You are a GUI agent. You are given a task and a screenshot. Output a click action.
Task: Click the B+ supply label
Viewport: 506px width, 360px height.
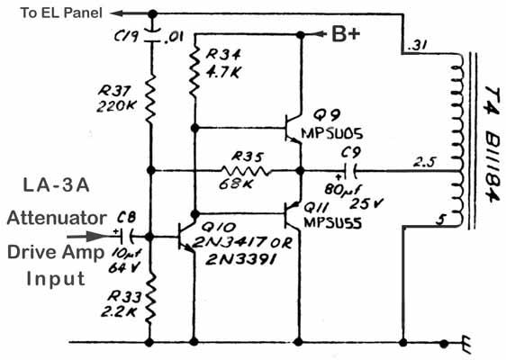[x=346, y=34]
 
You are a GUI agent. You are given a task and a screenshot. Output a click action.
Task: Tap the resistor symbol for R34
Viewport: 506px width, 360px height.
[x=194, y=72]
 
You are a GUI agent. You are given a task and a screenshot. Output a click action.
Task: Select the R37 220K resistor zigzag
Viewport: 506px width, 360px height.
[x=151, y=99]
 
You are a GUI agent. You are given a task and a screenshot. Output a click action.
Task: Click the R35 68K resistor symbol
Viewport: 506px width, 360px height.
[x=245, y=170]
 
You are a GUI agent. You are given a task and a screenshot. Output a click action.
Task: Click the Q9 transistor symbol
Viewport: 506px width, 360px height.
[x=293, y=128]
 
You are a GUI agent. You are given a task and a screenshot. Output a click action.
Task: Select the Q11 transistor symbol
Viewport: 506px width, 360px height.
[x=292, y=213]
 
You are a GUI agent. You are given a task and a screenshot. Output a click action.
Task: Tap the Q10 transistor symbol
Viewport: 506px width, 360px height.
[x=186, y=237]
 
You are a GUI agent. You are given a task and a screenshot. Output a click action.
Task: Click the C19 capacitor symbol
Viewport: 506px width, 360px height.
[x=152, y=35]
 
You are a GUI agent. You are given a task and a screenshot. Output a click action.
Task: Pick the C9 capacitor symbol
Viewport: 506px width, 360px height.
[x=350, y=171]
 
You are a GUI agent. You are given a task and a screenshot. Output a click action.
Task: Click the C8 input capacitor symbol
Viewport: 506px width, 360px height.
[x=127, y=237]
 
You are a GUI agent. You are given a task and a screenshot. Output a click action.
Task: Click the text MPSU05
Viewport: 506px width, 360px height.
[x=331, y=133]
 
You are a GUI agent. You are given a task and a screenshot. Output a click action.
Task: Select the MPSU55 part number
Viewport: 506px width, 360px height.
[x=333, y=222]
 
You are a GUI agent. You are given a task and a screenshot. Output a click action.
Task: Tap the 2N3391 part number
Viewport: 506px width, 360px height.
[x=240, y=259]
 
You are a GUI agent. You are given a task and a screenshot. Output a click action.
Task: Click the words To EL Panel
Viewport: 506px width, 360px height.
[x=61, y=13]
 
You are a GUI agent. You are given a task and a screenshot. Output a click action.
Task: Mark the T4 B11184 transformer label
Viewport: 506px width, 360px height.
[x=492, y=144]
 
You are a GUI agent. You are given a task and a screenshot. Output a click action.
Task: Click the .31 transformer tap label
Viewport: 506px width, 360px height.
[x=417, y=46]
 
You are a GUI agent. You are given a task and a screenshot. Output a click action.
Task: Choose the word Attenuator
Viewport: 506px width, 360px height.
[x=57, y=218]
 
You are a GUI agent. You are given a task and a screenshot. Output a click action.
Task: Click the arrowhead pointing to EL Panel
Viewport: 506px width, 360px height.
[x=116, y=13]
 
